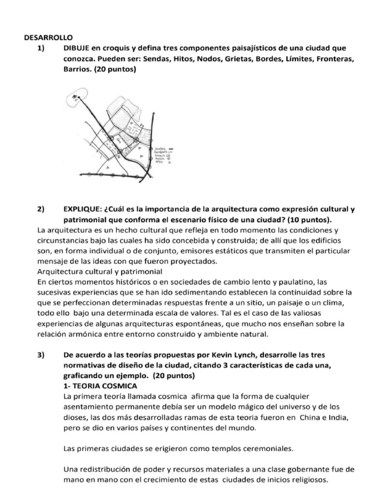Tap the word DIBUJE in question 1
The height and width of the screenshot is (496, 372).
pos(77,48)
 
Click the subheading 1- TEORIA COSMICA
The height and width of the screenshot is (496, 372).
pos(100,386)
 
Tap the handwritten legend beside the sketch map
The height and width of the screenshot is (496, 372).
pos(165,155)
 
